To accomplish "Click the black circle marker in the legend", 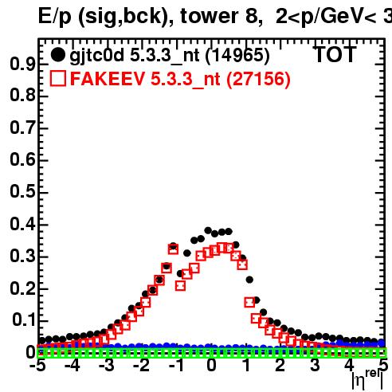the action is (57, 54).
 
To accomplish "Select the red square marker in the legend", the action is (58, 78).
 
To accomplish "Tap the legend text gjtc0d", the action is (97, 57).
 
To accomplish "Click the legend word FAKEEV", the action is (108, 79).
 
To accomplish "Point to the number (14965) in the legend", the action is (237, 56).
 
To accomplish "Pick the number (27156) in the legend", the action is (258, 79).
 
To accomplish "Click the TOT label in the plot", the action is (335, 54).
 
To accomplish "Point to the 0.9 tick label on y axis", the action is (22, 64).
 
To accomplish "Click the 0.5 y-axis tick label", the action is (22, 191).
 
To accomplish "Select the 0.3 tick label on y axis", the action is (22, 256).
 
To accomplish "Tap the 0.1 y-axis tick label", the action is (23, 319).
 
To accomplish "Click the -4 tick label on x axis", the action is (73, 366).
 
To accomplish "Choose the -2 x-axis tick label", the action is (142, 366).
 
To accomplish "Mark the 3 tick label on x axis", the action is (315, 366).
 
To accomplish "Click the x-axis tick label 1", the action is (247, 366).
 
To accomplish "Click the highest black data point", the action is (208, 230).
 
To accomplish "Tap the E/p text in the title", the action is (55, 17).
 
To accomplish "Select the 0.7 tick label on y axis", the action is (22, 127).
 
